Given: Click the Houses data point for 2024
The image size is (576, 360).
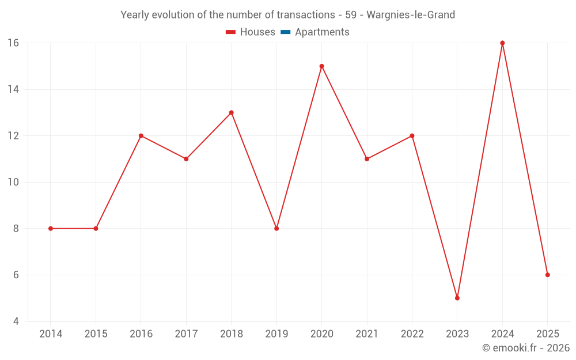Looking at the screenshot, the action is point(502,43).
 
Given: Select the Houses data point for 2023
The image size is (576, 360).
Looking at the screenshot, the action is point(457,298).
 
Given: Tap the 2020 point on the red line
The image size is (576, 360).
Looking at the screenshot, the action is point(322,66).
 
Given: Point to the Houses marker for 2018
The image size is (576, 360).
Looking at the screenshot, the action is point(232,113).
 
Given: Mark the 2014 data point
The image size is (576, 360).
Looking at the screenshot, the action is point(51,229).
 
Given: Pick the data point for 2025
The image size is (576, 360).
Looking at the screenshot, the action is point(548,275).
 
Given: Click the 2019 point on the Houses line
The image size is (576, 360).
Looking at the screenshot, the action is point(276,229).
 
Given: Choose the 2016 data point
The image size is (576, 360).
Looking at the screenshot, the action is point(141,136).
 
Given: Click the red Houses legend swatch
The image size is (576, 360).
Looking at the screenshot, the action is point(231,32).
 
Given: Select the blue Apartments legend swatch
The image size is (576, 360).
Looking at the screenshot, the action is point(286,32).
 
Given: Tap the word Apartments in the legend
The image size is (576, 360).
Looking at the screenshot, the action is point(322,32).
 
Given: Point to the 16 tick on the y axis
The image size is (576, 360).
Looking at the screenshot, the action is point(13,43).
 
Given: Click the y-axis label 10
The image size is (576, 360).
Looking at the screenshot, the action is point(13,182).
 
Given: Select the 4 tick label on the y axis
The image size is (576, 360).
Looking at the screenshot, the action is point(16,321).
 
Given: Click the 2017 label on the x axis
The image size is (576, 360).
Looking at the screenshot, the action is point(186,334).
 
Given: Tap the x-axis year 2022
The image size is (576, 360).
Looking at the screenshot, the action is point(412,334).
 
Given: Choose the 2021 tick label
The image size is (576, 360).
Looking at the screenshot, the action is point(367,334).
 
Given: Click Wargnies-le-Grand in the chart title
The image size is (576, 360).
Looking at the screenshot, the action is point(411,15).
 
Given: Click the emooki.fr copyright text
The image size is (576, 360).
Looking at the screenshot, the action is point(526,348).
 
